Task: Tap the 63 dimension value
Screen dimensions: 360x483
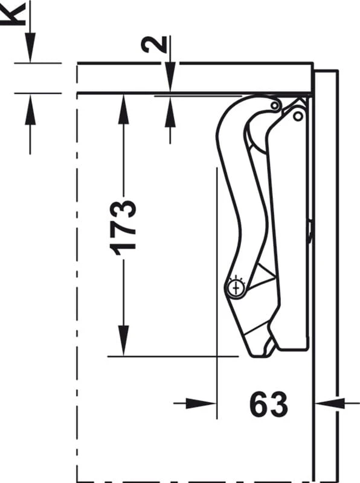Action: click(x=269, y=404)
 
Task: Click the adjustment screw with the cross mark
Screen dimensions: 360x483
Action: click(x=236, y=289)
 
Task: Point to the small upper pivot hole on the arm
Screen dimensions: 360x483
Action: click(x=274, y=106)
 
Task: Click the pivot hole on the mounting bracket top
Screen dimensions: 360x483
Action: click(x=298, y=117)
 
